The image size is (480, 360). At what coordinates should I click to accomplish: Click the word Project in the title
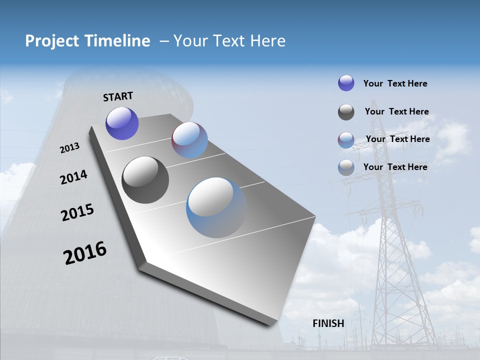[49, 41]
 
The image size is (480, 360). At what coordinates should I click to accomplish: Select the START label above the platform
[118, 96]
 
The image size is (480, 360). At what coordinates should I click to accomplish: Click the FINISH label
[328, 323]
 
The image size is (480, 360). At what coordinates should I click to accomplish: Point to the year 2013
[69, 148]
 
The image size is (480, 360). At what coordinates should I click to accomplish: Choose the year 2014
[73, 177]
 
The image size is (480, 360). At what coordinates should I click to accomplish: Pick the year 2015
[77, 212]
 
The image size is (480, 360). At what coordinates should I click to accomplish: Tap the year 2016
[85, 253]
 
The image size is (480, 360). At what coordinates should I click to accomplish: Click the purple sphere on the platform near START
[122, 123]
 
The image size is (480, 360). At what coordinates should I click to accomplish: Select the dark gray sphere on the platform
[145, 180]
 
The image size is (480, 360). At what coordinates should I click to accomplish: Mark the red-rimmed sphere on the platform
[189, 140]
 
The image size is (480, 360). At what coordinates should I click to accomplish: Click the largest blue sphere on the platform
[216, 207]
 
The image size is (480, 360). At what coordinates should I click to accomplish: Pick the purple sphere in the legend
[346, 83]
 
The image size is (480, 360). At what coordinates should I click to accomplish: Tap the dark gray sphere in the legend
[346, 112]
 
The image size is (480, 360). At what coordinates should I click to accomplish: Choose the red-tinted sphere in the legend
[346, 140]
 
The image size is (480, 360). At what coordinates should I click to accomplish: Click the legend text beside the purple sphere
[395, 83]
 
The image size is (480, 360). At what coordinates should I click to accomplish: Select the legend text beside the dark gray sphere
[396, 111]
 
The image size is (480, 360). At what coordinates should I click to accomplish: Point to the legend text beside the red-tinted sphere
[397, 139]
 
